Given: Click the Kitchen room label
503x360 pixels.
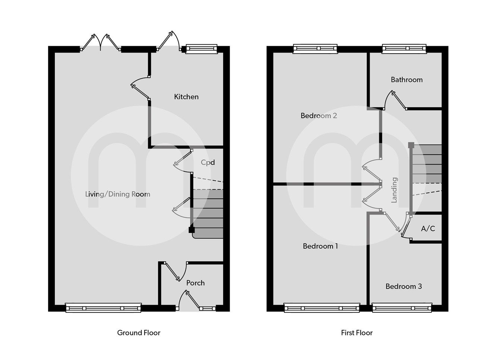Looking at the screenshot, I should (x=186, y=97).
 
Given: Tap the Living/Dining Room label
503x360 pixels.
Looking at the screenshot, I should (x=118, y=194).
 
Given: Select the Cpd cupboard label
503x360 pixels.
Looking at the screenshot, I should (x=208, y=162).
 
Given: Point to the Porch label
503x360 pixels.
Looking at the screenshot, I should (x=195, y=283).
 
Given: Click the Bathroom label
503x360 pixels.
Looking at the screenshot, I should (x=406, y=80).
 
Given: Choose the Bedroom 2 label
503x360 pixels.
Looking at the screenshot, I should (x=319, y=116).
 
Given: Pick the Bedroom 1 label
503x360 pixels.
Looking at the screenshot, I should (x=320, y=246).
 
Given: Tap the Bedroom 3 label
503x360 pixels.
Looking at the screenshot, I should (x=404, y=287).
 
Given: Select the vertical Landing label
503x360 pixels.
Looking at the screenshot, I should (x=394, y=190).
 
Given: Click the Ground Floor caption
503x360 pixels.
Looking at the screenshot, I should (x=139, y=333).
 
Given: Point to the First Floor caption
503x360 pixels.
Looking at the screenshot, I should (x=357, y=333).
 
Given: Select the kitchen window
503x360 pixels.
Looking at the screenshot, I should (x=201, y=48).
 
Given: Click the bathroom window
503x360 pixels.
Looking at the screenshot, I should (x=404, y=48).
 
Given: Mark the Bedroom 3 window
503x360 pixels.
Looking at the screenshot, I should (x=402, y=308).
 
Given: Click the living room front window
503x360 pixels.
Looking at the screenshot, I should (x=103, y=308).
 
